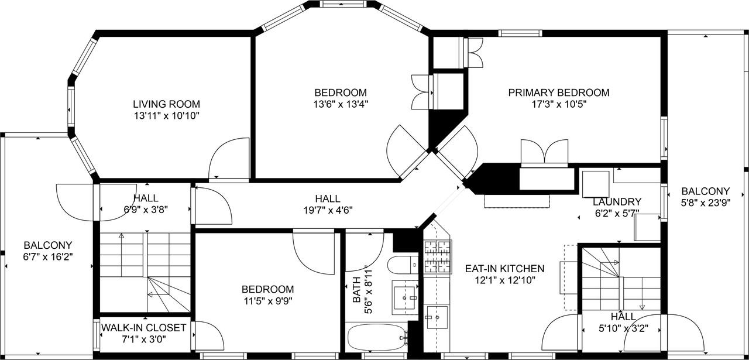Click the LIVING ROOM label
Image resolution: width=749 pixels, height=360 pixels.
pyautogui.click(x=167, y=104)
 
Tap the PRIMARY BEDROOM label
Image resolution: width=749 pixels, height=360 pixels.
pyautogui.click(x=558, y=92)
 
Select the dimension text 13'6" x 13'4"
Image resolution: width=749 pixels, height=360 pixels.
pyautogui.click(x=341, y=104)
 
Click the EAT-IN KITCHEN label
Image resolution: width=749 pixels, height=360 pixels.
pyautogui.click(x=504, y=269)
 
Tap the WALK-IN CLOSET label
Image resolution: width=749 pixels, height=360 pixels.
pyautogui.click(x=144, y=328)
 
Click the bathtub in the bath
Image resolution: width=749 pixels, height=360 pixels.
pyautogui.click(x=376, y=338)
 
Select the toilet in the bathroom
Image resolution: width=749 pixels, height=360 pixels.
pyautogui.click(x=403, y=265)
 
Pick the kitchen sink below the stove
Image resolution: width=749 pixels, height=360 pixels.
pyautogui.click(x=437, y=317)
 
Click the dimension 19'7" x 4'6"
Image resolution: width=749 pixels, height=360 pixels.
pyautogui.click(x=327, y=210)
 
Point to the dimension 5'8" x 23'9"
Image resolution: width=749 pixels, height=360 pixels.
pyautogui.click(x=705, y=203)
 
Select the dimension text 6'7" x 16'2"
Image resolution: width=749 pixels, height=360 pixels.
pyautogui.click(x=48, y=256)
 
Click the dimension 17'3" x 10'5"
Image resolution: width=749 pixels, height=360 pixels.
pyautogui.click(x=558, y=104)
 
